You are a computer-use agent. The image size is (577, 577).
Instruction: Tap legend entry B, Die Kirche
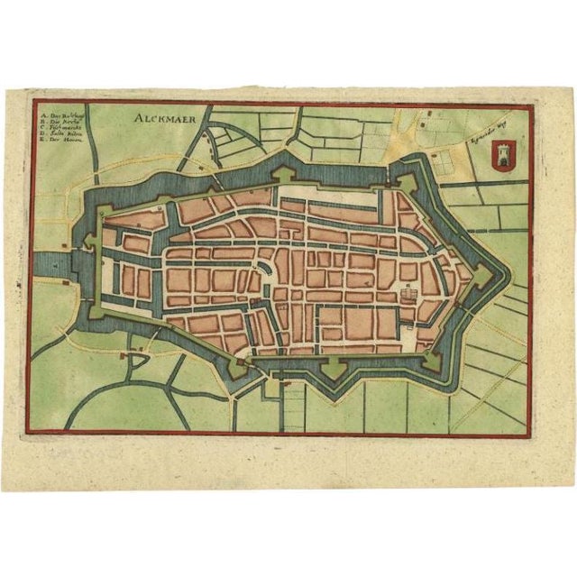point(59,122)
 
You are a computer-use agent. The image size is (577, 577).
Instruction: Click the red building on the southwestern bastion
point(242,362)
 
